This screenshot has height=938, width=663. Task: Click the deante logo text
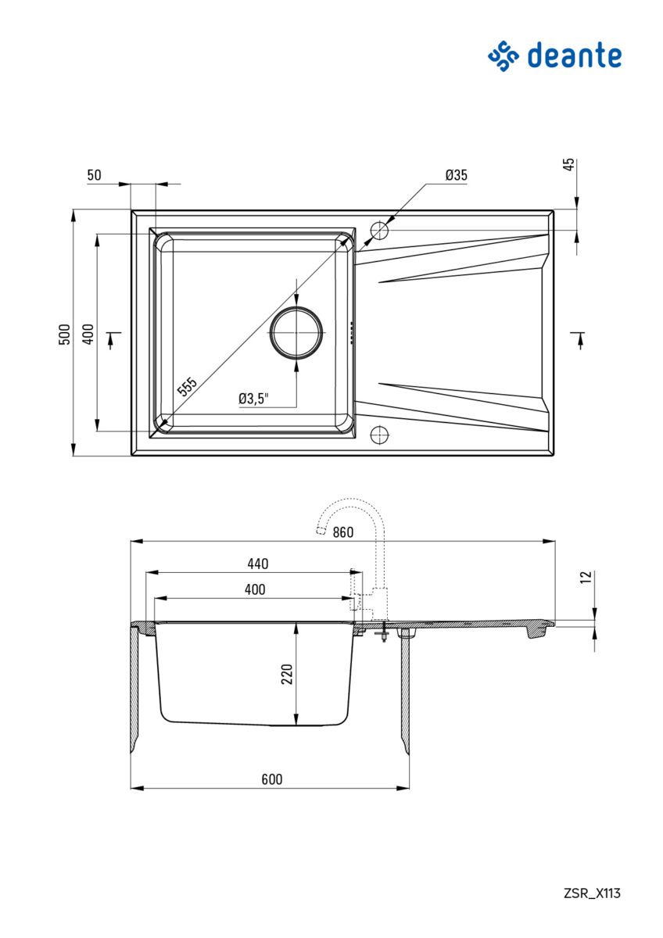[x=574, y=56]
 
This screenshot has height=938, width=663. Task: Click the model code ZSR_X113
[x=592, y=893]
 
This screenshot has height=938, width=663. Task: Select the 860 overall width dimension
[x=342, y=533]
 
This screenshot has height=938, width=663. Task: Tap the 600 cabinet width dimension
[x=271, y=779]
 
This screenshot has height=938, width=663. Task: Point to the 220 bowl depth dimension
[x=287, y=673]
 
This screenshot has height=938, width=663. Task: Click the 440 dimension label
[x=258, y=564]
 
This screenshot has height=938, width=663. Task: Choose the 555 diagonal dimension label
[x=187, y=387]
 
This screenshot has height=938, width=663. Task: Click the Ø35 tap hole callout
[x=456, y=175]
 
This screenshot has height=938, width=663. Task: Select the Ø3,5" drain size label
[x=254, y=399]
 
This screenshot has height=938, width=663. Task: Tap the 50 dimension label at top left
[x=94, y=175]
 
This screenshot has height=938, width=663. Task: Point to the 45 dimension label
[x=569, y=164]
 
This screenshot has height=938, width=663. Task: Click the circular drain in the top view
[x=296, y=332]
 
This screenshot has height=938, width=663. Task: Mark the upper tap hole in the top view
[x=379, y=231]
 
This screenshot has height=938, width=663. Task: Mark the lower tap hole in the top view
[x=379, y=433]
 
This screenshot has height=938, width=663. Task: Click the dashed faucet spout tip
[x=320, y=532]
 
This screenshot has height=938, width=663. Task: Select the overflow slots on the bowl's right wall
[x=352, y=332]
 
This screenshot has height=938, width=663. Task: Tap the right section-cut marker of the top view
[x=579, y=339]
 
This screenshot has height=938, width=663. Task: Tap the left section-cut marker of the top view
[x=113, y=339]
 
